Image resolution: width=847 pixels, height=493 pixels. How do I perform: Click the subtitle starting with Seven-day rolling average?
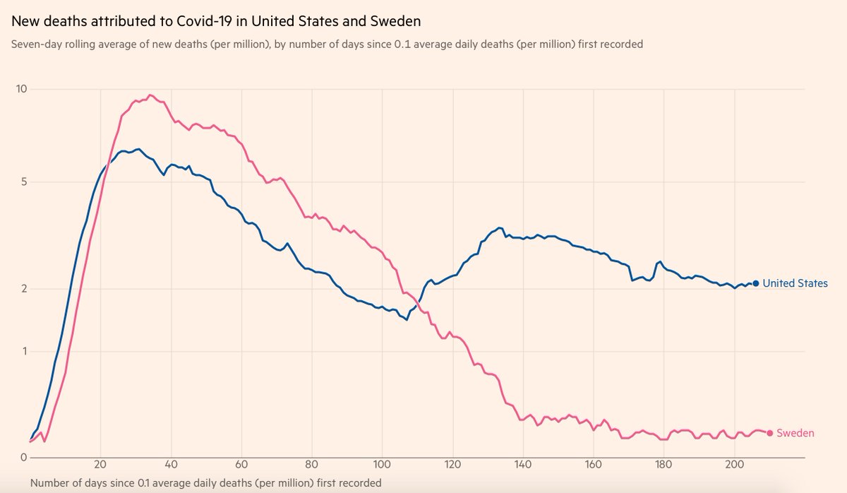coord(328,44)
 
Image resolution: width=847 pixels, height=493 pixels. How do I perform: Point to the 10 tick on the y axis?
coord(21,89)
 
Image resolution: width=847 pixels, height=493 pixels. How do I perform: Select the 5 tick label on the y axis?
coord(23,182)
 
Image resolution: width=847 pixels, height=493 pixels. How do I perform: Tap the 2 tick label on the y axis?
coord(23,289)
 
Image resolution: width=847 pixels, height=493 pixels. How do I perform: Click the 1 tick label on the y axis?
coord(23,351)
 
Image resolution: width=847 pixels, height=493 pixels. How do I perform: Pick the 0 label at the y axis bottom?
coord(23,458)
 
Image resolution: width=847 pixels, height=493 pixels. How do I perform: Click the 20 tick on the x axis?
coord(100,465)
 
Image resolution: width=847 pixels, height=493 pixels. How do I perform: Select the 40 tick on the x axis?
coord(171,465)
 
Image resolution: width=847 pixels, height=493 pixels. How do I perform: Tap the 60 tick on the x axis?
coord(241,465)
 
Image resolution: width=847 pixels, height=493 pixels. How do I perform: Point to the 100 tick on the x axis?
coord(382,465)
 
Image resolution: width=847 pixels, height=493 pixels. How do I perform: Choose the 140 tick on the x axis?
coord(523,465)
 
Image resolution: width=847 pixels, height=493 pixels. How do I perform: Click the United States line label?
coord(795,283)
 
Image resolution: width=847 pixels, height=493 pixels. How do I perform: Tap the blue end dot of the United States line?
coord(756,283)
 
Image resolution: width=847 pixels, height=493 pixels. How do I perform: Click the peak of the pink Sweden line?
coord(150,95)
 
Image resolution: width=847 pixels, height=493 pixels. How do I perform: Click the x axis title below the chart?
coord(205,483)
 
